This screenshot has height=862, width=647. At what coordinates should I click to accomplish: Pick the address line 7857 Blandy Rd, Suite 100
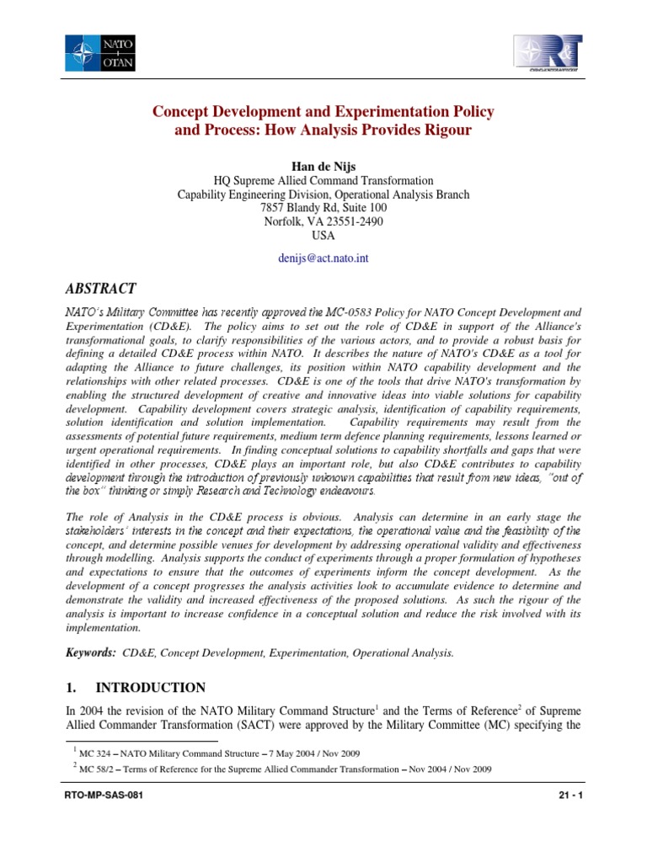pyautogui.click(x=323, y=207)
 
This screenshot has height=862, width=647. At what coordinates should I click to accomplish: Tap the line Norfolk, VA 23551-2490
pyautogui.click(x=323, y=221)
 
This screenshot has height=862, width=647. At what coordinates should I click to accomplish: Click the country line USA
pyautogui.click(x=323, y=236)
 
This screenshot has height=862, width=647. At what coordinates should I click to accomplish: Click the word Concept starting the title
pyautogui.click(x=179, y=111)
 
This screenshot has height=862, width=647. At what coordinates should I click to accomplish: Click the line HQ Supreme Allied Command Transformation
pyautogui.click(x=323, y=180)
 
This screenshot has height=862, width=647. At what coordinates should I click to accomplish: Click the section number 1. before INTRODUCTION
pyautogui.click(x=71, y=687)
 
